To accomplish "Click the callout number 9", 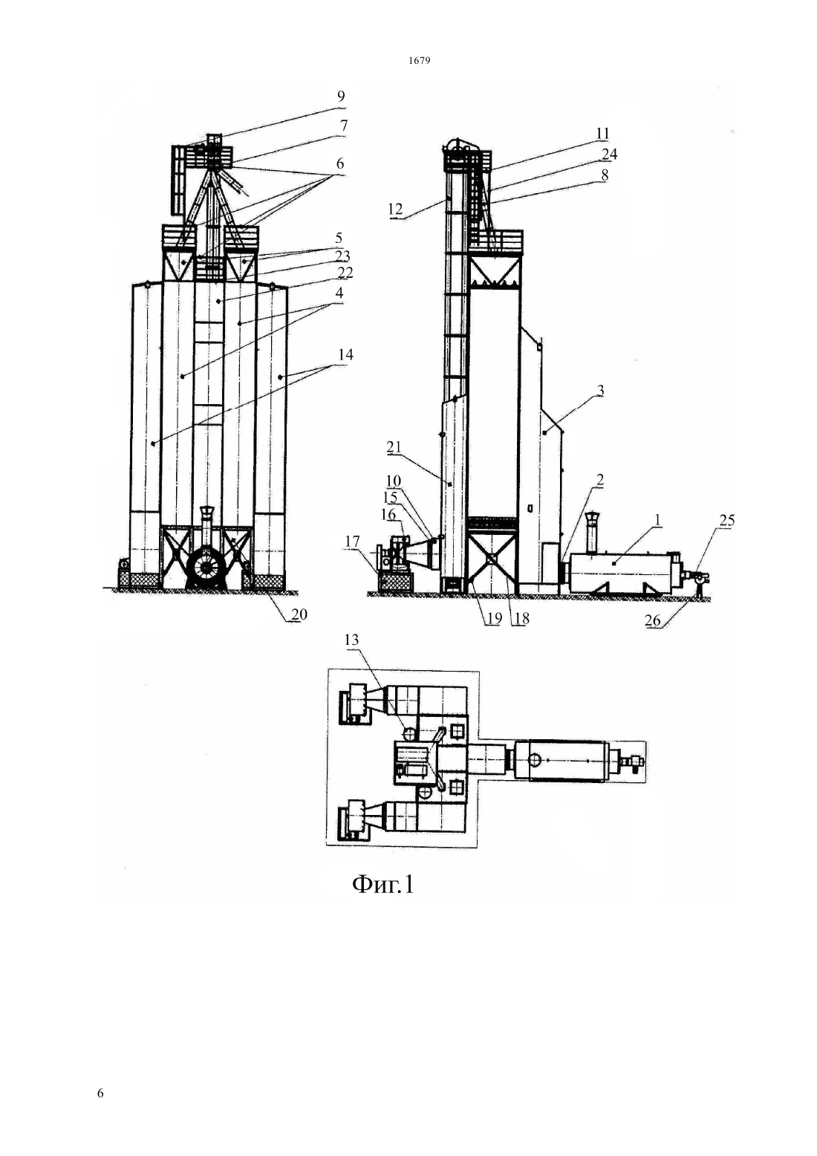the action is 340,97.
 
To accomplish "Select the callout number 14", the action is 345,354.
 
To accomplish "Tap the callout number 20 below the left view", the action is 299,614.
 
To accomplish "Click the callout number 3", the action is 600,391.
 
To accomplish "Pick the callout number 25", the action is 726,521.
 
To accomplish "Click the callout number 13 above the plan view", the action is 351,640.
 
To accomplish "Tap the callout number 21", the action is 394,447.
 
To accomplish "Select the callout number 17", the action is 352,542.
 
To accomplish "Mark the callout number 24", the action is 609,154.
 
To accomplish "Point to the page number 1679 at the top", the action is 419,60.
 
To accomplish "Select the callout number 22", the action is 345,273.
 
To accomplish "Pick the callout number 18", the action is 521,618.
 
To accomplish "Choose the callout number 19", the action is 494,618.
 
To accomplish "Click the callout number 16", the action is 388,515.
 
